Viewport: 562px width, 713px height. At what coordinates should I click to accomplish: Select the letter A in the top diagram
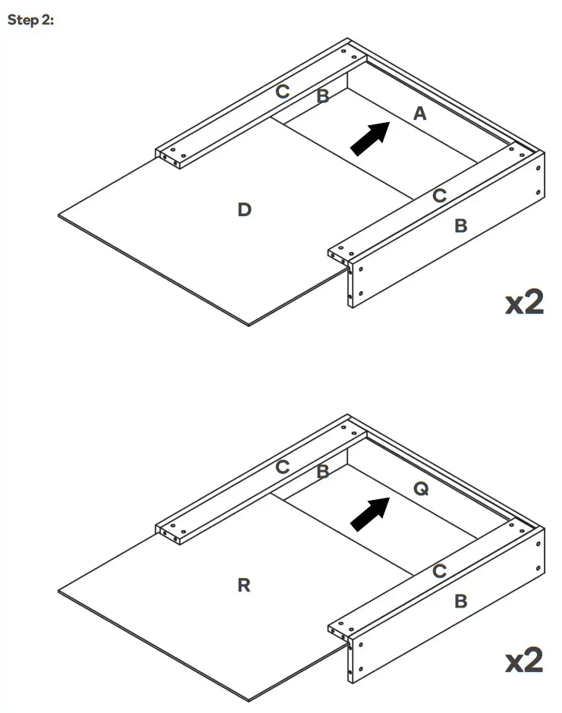click(419, 114)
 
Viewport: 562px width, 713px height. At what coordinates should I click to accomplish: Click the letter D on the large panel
click(244, 209)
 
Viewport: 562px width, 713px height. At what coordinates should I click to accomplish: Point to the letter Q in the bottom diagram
click(421, 489)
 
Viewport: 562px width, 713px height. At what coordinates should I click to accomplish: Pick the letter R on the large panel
click(244, 585)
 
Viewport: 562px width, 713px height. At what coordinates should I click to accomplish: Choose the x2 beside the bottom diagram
click(524, 661)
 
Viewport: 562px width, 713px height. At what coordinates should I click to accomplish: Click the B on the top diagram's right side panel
click(460, 225)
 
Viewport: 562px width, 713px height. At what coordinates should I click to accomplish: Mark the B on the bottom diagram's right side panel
click(460, 601)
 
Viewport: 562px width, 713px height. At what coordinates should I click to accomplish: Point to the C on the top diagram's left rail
click(282, 92)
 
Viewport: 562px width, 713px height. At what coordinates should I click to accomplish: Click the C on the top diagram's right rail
click(439, 196)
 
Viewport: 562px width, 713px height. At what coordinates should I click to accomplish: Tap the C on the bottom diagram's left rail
click(282, 467)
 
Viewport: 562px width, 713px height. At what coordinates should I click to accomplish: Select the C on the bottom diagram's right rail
click(439, 571)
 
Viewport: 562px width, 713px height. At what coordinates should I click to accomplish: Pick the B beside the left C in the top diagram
click(322, 96)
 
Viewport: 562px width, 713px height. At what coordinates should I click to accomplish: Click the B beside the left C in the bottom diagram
click(322, 472)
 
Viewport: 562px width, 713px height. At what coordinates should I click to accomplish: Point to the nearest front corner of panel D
click(249, 324)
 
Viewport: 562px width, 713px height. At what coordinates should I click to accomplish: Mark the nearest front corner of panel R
click(249, 699)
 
